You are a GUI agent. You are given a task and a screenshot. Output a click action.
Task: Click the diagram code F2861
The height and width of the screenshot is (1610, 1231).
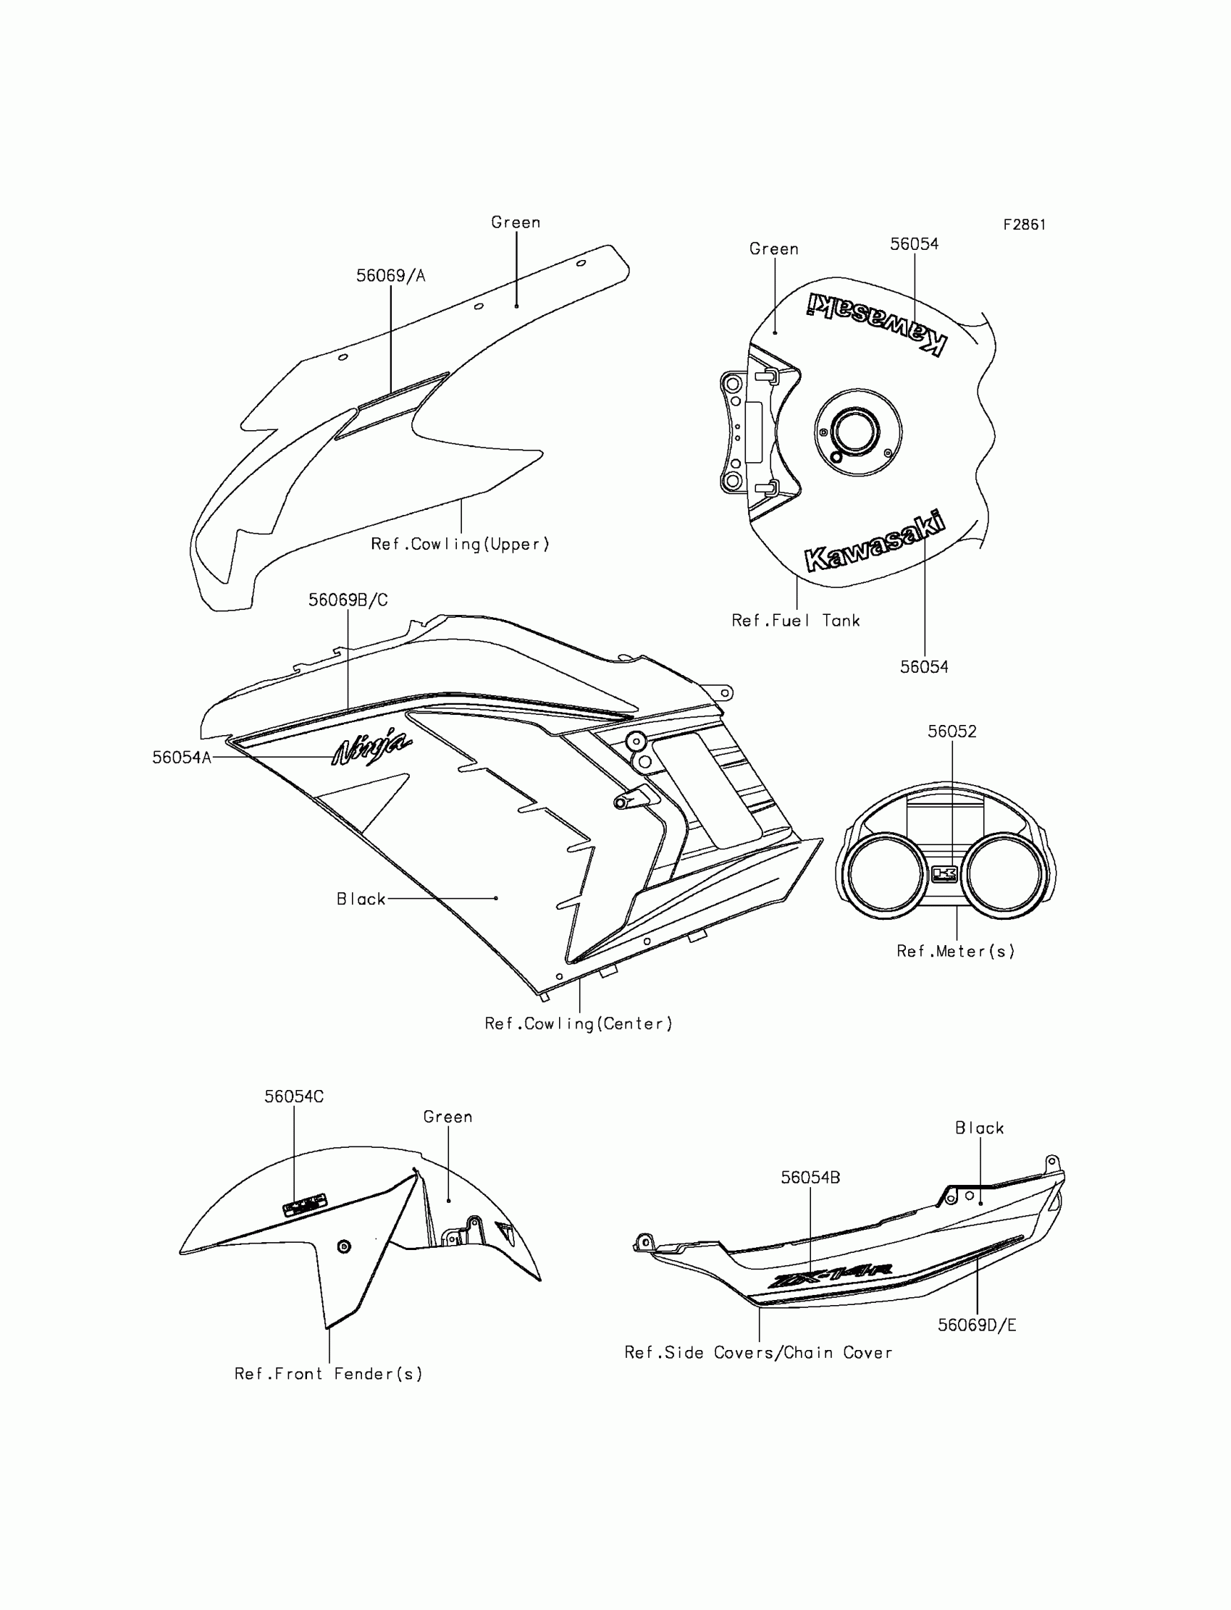click(x=1024, y=225)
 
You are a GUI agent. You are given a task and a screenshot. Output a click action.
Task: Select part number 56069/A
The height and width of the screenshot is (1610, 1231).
click(x=390, y=275)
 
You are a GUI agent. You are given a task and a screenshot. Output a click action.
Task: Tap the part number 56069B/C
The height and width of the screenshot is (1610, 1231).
click(x=348, y=600)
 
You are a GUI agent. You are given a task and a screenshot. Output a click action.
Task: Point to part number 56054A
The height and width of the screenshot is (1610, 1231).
click(x=181, y=757)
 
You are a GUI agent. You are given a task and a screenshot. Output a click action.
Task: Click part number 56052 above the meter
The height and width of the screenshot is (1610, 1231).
click(x=951, y=731)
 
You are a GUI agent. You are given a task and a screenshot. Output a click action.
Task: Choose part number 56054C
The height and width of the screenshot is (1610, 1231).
click(x=294, y=1097)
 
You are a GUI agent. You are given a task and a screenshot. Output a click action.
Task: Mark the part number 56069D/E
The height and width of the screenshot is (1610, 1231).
click(x=977, y=1325)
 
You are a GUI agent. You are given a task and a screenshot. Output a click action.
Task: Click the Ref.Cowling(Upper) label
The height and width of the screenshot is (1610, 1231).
click(x=460, y=544)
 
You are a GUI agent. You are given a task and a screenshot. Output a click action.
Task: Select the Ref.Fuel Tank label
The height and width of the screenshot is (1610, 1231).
click(x=796, y=621)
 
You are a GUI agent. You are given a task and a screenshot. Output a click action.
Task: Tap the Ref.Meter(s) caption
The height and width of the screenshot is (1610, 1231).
click(x=956, y=951)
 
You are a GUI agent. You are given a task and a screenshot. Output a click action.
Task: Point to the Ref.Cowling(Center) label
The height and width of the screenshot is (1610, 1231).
click(x=578, y=1024)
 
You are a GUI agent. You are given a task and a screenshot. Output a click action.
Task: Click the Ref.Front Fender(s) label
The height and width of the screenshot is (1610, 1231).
click(x=328, y=1374)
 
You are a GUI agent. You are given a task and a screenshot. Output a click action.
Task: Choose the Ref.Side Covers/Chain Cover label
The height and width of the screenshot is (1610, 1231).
click(x=758, y=1353)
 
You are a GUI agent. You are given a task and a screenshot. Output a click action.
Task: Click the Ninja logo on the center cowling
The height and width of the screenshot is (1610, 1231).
click(x=371, y=747)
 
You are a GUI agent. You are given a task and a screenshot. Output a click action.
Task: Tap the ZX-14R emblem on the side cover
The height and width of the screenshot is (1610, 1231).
click(x=829, y=1277)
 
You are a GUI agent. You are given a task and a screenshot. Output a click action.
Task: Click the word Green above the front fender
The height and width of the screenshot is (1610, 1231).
click(x=448, y=1117)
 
